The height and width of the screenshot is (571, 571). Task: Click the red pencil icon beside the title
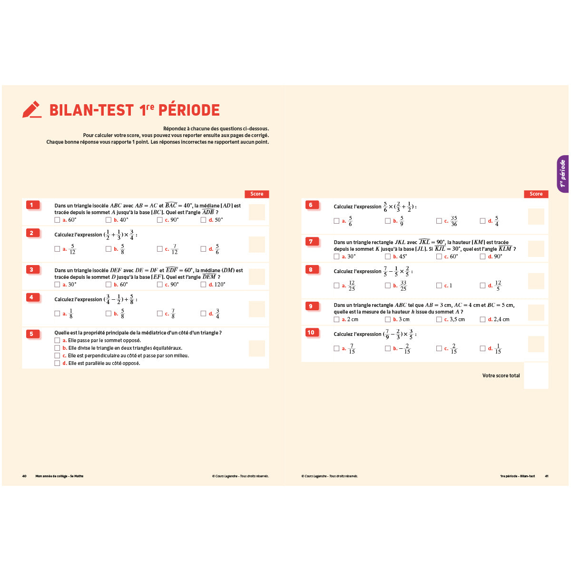(32, 109)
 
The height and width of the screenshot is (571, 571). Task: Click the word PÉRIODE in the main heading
(189, 110)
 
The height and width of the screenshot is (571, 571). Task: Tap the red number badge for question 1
(32, 205)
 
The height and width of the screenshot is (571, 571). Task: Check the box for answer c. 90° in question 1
(160, 220)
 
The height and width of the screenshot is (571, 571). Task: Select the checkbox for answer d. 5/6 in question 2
(204, 249)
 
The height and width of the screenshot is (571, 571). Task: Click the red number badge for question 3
(32, 270)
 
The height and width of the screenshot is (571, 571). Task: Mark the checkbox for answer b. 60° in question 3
(108, 285)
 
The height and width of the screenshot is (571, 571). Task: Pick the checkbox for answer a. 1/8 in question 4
(58, 314)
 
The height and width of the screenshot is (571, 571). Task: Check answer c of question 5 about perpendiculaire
(58, 355)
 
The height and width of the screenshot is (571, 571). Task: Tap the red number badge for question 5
(32, 334)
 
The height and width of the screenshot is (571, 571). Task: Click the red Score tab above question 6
(536, 194)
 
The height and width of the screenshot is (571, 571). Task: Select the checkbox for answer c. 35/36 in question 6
(439, 221)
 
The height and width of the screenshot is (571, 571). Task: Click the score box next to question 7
(536, 249)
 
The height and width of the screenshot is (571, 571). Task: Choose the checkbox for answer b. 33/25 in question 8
(388, 285)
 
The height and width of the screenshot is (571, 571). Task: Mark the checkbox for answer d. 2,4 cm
(483, 319)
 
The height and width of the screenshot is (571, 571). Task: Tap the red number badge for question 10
(311, 333)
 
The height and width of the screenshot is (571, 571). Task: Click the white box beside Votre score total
(536, 375)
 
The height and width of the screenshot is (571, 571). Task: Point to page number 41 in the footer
(547, 476)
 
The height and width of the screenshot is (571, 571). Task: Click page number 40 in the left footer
(24, 476)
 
